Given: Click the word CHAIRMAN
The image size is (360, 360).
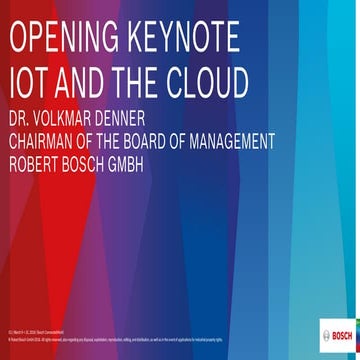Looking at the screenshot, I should (51, 144).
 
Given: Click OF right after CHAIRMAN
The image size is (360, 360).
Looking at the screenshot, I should (104, 144).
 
